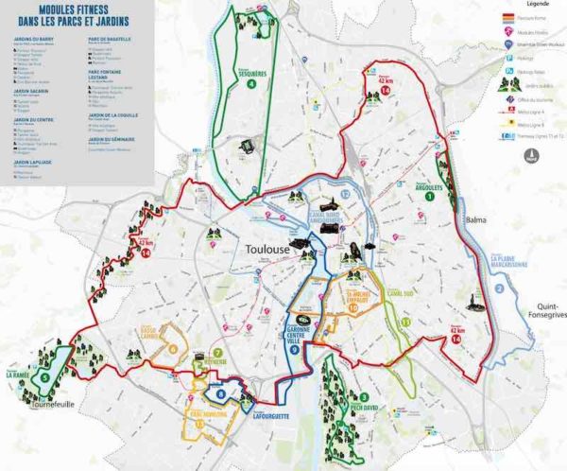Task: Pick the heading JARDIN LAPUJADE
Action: pyautogui.click(x=35, y=162)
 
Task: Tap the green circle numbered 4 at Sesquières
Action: pyautogui.click(x=251, y=83)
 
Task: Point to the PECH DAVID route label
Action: pyautogui.click(x=362, y=406)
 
